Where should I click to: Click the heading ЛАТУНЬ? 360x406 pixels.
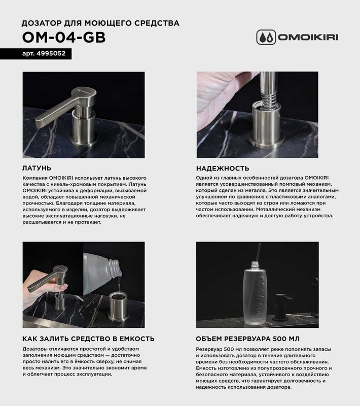[37, 168]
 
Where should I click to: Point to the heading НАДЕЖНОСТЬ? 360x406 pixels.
[222, 168]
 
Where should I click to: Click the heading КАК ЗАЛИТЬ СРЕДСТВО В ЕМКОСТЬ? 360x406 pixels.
[89, 339]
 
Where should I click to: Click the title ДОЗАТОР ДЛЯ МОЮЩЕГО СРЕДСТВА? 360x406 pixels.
[100, 23]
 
